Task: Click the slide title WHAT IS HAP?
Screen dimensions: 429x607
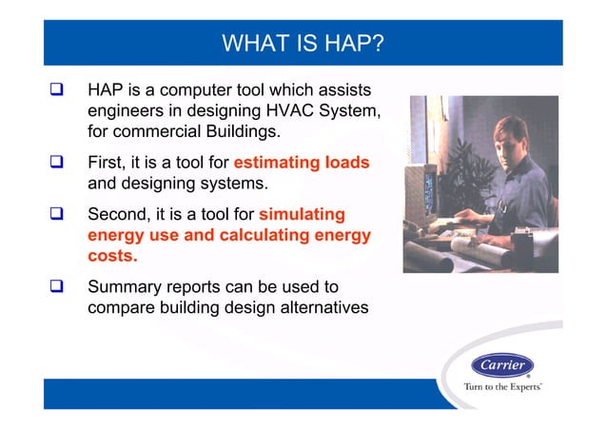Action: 303,44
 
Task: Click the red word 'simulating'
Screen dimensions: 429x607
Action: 302,214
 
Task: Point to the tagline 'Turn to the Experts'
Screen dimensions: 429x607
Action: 502,387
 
